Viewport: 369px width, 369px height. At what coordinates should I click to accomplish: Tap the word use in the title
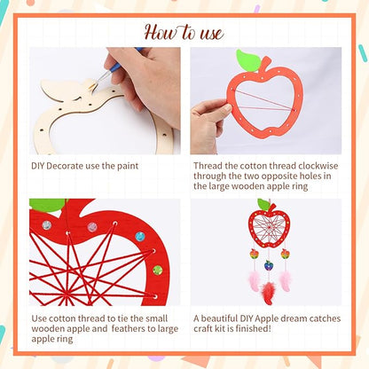pyautogui.click(x=209, y=34)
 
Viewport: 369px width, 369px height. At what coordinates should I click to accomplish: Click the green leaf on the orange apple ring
pyautogui.click(x=248, y=60)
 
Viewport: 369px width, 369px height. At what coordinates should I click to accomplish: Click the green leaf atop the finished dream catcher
pyautogui.click(x=263, y=205)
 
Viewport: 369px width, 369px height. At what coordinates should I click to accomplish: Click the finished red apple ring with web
pyautogui.click(x=268, y=228)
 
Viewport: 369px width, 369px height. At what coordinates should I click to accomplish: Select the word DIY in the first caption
pyautogui.click(x=39, y=166)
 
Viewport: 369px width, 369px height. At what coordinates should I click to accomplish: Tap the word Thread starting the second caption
pyautogui.click(x=208, y=166)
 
